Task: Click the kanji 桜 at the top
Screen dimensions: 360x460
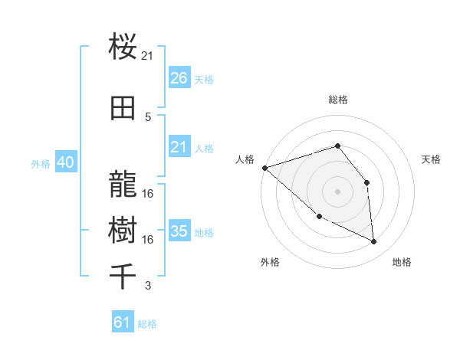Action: tap(123, 48)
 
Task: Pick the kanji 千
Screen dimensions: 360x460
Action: tap(123, 277)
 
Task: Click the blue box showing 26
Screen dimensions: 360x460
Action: tap(179, 78)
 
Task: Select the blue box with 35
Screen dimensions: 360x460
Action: tap(179, 231)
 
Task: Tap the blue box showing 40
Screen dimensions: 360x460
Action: tap(65, 163)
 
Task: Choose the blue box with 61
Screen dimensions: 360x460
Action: tap(123, 322)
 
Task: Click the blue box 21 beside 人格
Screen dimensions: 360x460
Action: tap(179, 147)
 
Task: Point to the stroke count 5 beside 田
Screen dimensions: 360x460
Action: tap(148, 116)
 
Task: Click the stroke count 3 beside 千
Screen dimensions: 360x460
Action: tap(148, 286)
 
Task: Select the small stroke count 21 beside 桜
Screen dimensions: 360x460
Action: tap(148, 55)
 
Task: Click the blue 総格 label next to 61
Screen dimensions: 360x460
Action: tap(147, 324)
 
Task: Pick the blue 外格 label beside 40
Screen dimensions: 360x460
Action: tap(41, 164)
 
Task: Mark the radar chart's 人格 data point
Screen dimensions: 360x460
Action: tap(264, 168)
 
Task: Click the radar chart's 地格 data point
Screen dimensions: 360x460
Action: tap(374, 242)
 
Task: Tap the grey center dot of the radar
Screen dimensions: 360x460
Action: tap(337, 191)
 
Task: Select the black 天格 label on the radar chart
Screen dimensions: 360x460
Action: tap(431, 159)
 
